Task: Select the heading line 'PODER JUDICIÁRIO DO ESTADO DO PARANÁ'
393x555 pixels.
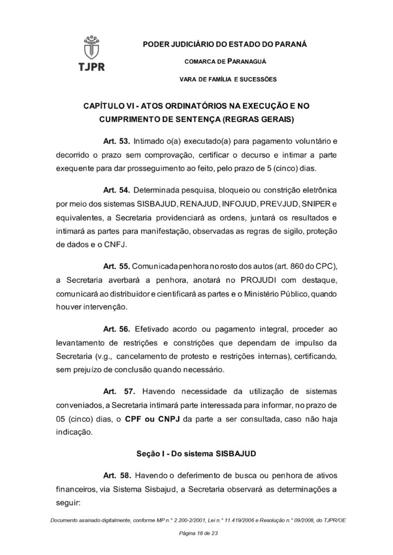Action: (224, 44)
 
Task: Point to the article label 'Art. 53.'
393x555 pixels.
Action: (116, 142)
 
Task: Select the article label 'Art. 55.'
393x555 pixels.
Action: (116, 267)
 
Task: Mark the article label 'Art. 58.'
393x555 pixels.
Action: (116, 475)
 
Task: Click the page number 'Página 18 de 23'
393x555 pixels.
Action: (196, 534)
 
